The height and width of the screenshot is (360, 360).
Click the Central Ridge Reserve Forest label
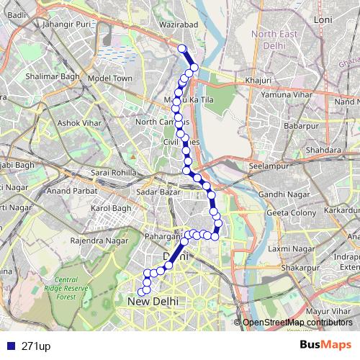pos(76,287)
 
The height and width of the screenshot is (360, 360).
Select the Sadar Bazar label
pos(158,194)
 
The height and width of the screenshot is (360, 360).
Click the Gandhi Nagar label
pos(280,195)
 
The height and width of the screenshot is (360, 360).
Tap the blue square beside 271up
pos(9,346)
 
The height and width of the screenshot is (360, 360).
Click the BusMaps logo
pos(324,346)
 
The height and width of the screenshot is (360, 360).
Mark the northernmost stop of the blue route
pos(181,49)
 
